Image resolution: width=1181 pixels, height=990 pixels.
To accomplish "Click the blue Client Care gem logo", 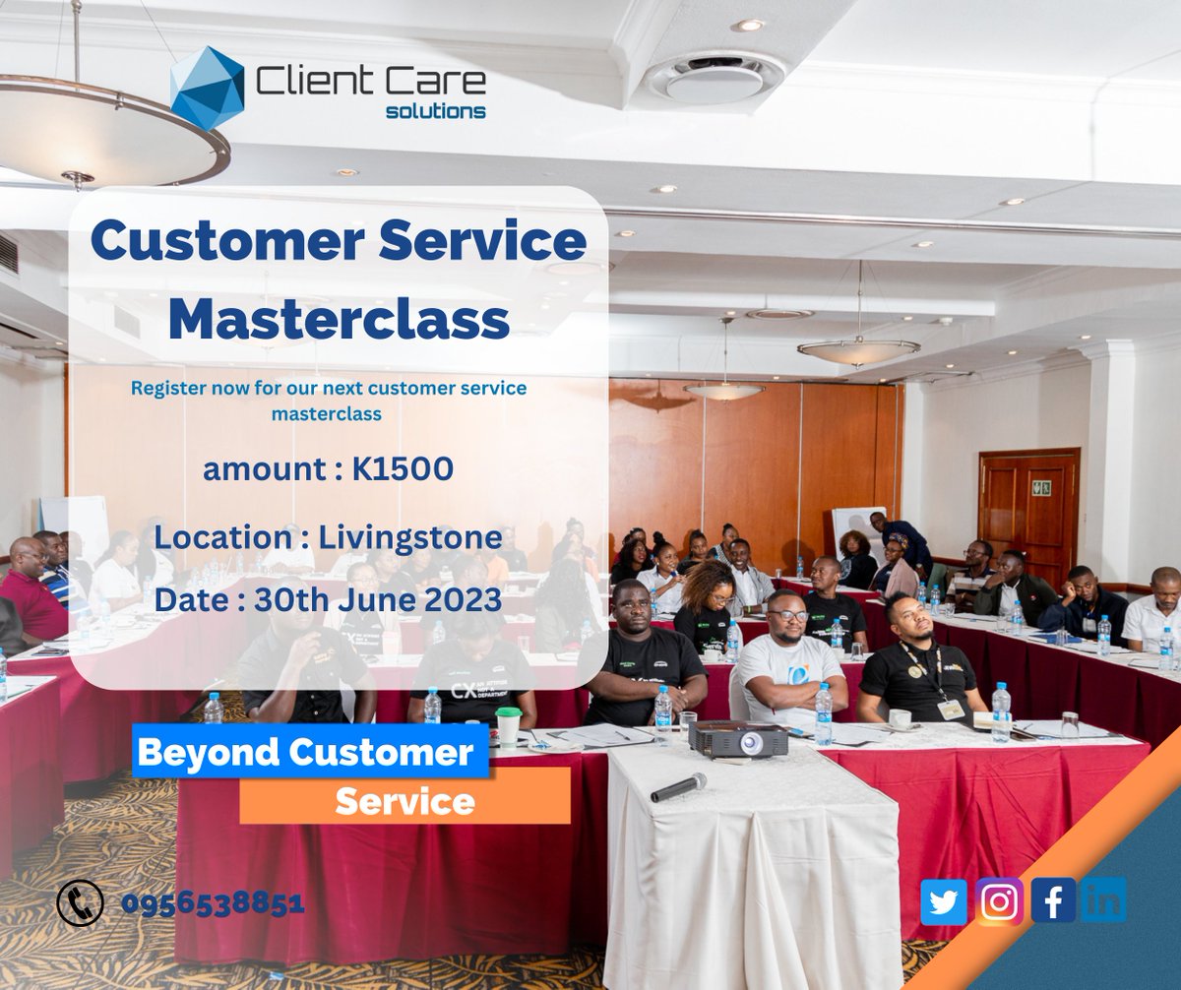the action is coord(208,89).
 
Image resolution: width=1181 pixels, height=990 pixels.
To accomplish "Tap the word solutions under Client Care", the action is coord(436,111).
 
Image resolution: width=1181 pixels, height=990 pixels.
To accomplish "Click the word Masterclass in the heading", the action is coord(339,319).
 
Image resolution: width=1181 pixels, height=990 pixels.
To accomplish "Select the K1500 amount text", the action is coord(403,468).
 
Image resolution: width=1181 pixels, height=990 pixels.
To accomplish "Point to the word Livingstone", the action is coord(410,537).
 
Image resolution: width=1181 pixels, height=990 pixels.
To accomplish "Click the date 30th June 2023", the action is coord(378,599).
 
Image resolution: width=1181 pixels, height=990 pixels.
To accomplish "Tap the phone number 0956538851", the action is coord(214,902).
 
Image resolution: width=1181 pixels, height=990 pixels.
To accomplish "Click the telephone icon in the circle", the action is coord(81,902).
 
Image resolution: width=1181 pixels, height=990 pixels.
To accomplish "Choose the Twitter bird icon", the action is coord(944,901).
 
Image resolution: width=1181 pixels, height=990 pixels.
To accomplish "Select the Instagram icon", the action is coord(999,901).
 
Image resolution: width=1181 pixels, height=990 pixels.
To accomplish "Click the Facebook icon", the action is coord(1053,900).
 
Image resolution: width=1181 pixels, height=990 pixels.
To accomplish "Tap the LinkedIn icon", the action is coord(1103,899).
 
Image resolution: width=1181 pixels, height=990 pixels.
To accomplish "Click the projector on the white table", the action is coord(737,739).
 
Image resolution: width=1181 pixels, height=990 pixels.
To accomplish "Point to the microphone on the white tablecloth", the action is coord(679,787).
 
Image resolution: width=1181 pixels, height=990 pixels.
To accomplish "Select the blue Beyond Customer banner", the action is coord(311,751).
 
